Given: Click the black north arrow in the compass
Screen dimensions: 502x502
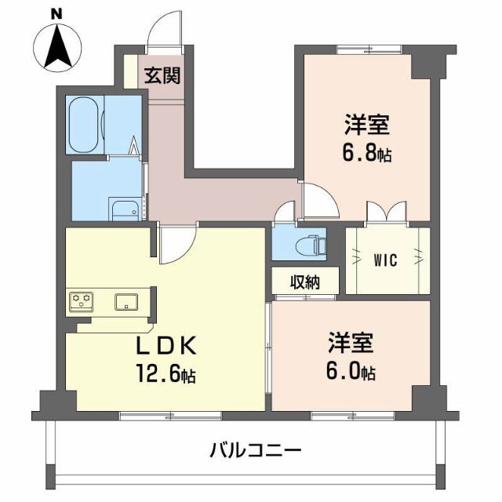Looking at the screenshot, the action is (x=57, y=48).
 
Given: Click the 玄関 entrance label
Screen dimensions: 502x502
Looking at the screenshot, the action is (x=162, y=75).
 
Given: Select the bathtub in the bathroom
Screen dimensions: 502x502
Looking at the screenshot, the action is (x=84, y=125).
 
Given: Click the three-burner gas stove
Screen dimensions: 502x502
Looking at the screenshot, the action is (x=82, y=301).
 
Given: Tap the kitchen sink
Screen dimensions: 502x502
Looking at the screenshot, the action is (x=126, y=301).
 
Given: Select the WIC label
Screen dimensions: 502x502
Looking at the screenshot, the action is (x=385, y=260).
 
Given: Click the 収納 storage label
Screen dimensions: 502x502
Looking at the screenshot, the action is (x=305, y=282).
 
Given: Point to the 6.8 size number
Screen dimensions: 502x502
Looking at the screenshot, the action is (x=358, y=154).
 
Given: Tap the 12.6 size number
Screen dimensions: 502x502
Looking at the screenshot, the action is (x=158, y=373).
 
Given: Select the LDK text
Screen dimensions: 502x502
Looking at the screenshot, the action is (x=166, y=347).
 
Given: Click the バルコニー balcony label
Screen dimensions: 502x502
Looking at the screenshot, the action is (x=256, y=451).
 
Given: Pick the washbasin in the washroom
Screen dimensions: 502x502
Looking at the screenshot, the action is (x=125, y=211).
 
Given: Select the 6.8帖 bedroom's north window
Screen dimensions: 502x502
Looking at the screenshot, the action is (x=369, y=49).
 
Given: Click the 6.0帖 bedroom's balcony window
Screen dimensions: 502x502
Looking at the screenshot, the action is (x=353, y=416).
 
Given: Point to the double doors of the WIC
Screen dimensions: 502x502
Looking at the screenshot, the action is (x=387, y=211).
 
